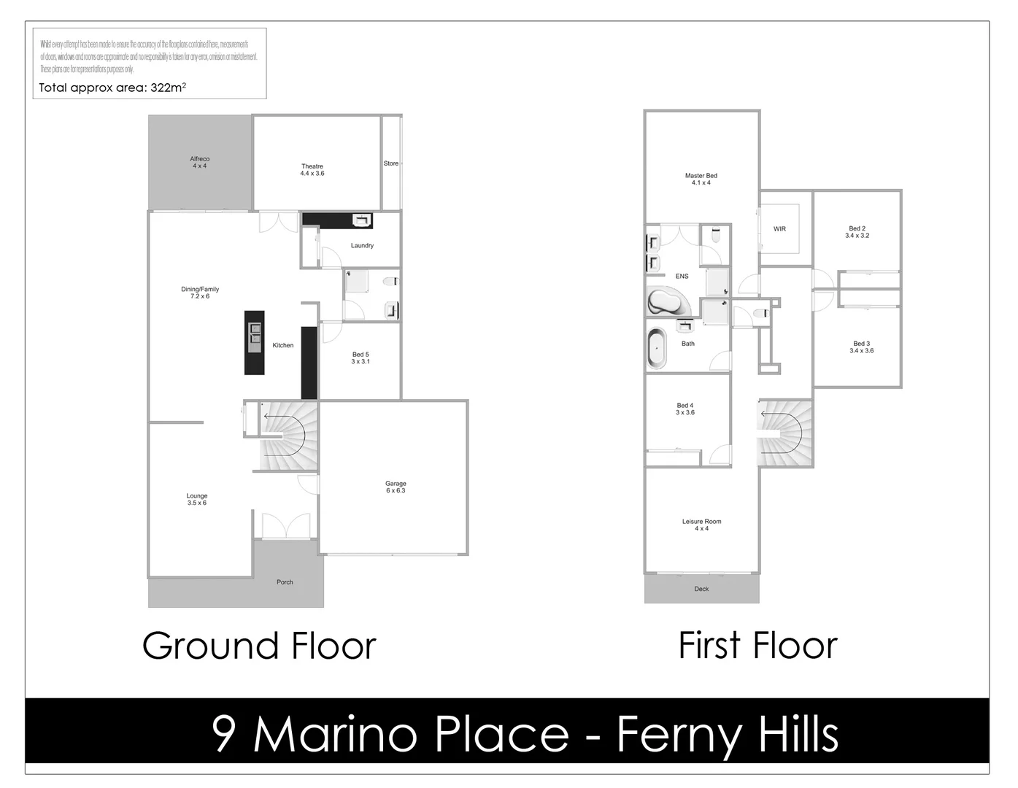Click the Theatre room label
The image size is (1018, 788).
click(x=312, y=170)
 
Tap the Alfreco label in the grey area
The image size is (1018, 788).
click(x=199, y=162)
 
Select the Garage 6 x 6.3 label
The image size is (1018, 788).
click(x=396, y=487)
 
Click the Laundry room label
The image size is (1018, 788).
click(x=362, y=246)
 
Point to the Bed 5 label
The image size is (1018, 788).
click(x=360, y=358)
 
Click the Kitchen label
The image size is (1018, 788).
click(x=283, y=345)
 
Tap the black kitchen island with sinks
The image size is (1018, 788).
click(x=254, y=342)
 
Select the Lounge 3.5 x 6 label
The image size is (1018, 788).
click(x=196, y=499)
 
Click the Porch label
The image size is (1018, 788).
click(x=285, y=582)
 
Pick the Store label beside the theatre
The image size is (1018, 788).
click(x=391, y=163)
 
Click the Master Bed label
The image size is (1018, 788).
click(x=701, y=179)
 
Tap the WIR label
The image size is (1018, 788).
click(x=779, y=229)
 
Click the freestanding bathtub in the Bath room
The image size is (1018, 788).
click(x=657, y=349)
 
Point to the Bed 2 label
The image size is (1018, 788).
click(x=857, y=232)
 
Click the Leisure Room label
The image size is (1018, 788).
click(x=701, y=525)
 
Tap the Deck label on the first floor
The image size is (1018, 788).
click(x=701, y=589)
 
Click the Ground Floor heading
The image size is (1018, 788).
click(x=259, y=646)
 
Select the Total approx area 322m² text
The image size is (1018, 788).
click(x=112, y=88)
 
